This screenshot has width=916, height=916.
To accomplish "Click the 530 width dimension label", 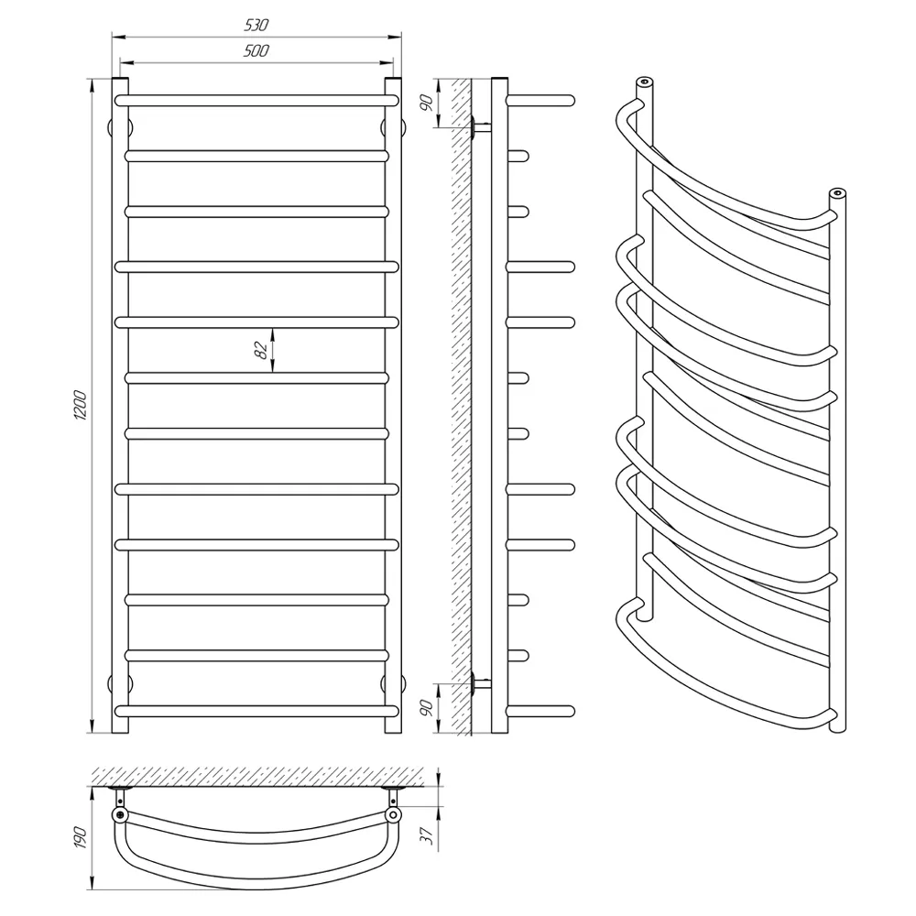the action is (x=256, y=25).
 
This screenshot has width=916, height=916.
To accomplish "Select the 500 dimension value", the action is (x=256, y=50).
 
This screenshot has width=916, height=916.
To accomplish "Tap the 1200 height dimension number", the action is (x=80, y=406).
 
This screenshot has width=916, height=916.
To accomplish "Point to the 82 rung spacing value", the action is (x=262, y=349).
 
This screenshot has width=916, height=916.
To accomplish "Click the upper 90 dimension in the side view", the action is (x=427, y=103).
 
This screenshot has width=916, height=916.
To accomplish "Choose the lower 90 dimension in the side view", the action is (x=427, y=707).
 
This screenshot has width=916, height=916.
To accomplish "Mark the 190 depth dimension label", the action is (x=80, y=838).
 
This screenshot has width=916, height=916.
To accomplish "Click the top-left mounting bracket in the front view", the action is (x=121, y=127).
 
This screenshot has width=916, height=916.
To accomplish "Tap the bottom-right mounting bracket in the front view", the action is (x=393, y=683).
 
